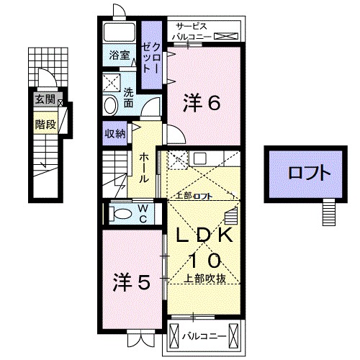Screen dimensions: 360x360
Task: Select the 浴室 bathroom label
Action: (x=119, y=55)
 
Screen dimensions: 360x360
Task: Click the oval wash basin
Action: (x=110, y=105)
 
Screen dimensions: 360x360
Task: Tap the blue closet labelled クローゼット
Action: (x=150, y=56)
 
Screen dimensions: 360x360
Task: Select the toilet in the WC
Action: (x=122, y=212)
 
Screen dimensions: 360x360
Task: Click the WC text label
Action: (x=143, y=212)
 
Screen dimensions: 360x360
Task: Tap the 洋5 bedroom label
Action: (x=132, y=282)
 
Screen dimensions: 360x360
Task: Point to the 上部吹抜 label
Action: (x=205, y=278)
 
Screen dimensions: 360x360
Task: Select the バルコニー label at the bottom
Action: (x=204, y=336)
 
